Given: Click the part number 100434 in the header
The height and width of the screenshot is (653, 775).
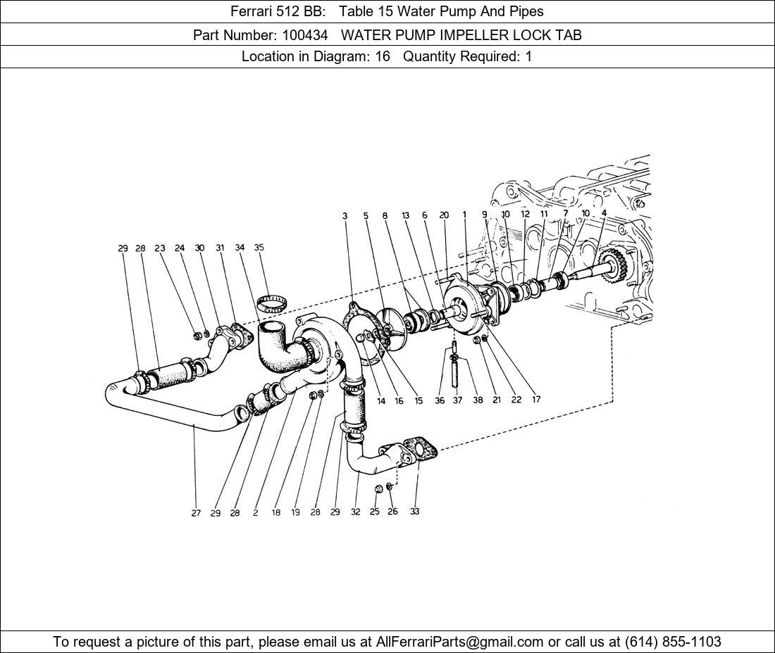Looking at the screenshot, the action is tap(304, 35).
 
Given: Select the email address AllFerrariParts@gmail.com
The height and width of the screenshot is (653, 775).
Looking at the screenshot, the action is tap(459, 642).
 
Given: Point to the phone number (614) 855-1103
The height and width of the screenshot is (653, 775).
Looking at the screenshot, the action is tap(673, 642).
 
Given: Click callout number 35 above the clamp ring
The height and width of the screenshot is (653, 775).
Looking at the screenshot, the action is tap(259, 247).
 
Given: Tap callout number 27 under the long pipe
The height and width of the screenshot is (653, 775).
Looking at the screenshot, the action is tap(196, 513).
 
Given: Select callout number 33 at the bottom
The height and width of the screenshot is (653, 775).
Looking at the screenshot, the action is tap(415, 512).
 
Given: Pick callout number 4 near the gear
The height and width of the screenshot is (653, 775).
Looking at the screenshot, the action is tap(604, 213).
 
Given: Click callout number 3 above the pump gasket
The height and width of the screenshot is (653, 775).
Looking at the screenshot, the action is tap(345, 216).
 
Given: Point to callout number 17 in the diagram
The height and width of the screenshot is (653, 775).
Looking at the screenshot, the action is tap(536, 399).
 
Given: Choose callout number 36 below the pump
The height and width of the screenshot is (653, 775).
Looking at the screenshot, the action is tap(440, 400).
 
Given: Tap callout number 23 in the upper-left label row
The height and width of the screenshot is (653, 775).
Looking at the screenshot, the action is tap(160, 248).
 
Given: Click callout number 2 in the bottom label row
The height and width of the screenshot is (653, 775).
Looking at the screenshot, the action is tap(256, 513).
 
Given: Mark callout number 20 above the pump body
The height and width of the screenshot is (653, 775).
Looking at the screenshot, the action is tap(444, 215).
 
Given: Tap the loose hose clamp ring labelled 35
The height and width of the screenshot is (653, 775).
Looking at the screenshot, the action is tap(273, 305).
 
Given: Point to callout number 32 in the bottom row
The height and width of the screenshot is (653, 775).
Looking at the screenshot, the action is tap(355, 512).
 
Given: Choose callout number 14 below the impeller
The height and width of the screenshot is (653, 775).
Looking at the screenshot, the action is tap(381, 401).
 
